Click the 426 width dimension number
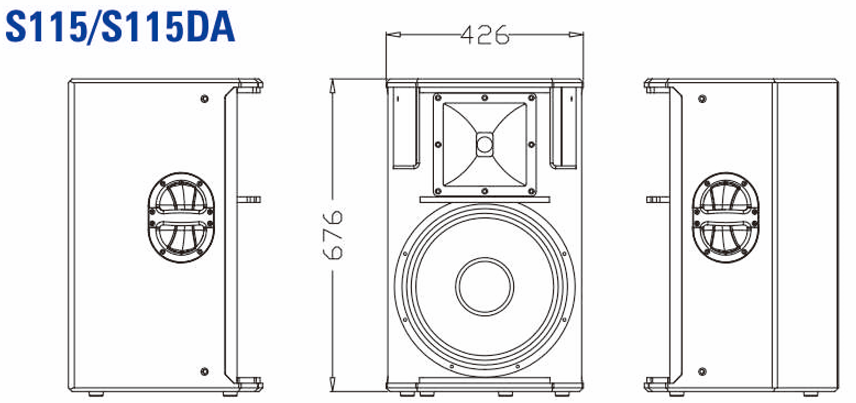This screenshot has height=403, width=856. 484,35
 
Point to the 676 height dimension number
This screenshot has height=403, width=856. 334,234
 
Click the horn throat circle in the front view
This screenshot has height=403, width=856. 484,144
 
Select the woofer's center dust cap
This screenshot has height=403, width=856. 484,286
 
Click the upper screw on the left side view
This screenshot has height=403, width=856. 204,99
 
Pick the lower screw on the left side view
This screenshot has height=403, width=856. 204,371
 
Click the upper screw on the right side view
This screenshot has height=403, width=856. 702,99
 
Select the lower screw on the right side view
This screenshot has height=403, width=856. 702,371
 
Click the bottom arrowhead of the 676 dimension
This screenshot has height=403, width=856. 334,386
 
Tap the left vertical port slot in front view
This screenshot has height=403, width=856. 405,127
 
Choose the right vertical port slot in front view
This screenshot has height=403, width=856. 564,127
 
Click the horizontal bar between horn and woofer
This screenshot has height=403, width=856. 484,199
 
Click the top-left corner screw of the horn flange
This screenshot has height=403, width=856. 439,98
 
